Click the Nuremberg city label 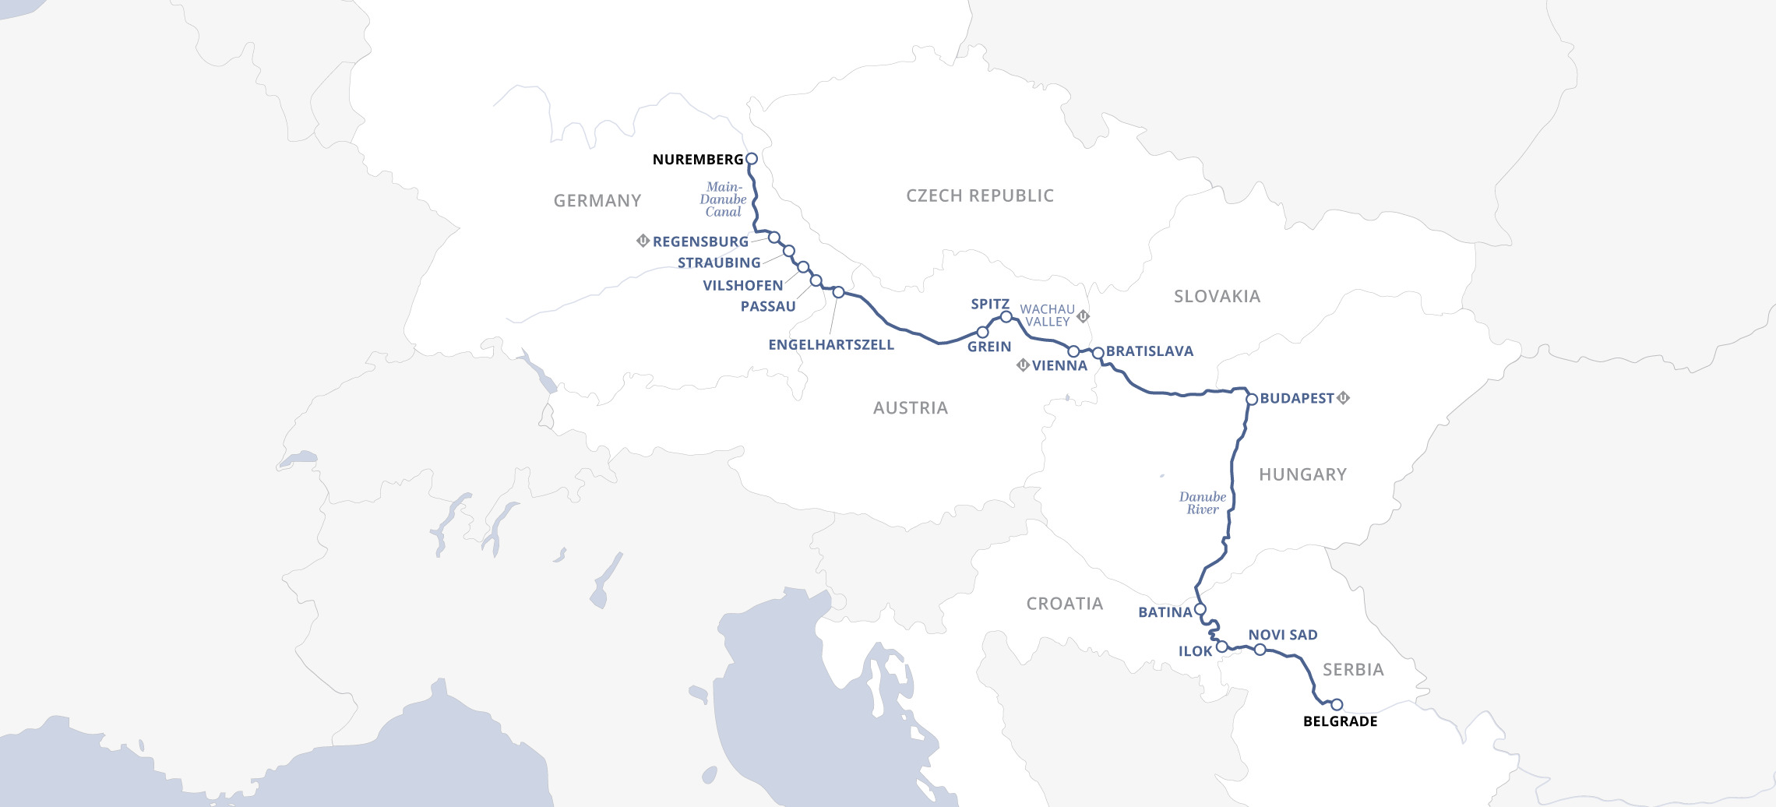(x=697, y=160)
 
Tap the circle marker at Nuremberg (x=752, y=159)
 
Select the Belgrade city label (x=1340, y=721)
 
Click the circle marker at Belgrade (x=1337, y=705)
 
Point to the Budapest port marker (x=1252, y=400)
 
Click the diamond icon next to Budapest (x=1343, y=398)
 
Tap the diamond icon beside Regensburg (x=643, y=241)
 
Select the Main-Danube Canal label (x=724, y=199)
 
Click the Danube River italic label (x=1202, y=503)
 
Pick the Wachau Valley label (x=1047, y=315)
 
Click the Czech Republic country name (x=979, y=196)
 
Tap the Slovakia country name (x=1217, y=297)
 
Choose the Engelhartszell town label (x=830, y=345)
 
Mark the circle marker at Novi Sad (x=1260, y=650)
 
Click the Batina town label (x=1165, y=613)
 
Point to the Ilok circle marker (x=1222, y=647)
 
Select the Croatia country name (x=1064, y=604)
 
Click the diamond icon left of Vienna (x=1023, y=365)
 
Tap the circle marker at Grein (x=982, y=333)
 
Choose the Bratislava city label (x=1149, y=352)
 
